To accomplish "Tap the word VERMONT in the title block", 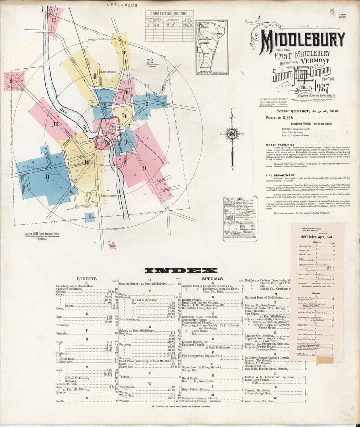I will pyautogui.click(x=313, y=60).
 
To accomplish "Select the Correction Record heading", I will pyautogui.click(x=169, y=14).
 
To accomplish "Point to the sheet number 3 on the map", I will pyautogui.click(x=125, y=142).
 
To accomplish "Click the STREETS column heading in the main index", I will pyautogui.click(x=87, y=279).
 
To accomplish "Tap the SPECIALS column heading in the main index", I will pyautogui.click(x=212, y=279).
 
